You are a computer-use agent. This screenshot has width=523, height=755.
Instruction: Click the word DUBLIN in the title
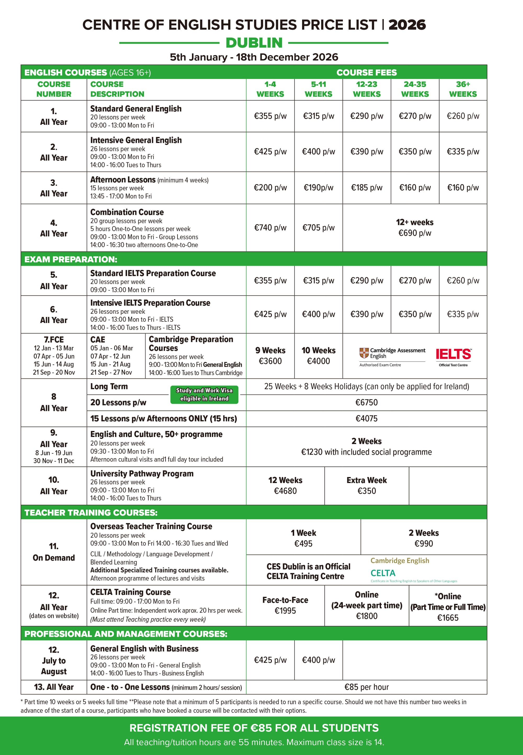pos(254,43)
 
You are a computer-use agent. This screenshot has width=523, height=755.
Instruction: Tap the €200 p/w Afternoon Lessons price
pos(270,188)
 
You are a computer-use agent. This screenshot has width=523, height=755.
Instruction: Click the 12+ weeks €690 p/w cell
pos(414,228)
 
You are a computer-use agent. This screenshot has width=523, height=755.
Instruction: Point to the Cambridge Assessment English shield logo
pos(364,353)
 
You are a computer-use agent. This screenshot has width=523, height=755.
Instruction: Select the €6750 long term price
pos(366,402)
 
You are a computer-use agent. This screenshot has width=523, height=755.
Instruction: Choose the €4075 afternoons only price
pos(366,418)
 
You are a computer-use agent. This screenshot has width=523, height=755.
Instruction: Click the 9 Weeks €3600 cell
pos(270,356)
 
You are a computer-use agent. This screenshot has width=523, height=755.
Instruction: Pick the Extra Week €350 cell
pos(366,485)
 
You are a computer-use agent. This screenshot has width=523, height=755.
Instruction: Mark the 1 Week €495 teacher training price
pos(303,538)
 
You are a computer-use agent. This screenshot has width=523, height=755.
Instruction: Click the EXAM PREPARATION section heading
pos(71,259)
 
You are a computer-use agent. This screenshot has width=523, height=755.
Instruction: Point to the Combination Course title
pos(127,212)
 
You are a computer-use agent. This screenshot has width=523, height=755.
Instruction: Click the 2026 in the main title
pos(407,25)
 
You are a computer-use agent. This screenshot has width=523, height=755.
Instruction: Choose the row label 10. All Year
pos(54,485)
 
